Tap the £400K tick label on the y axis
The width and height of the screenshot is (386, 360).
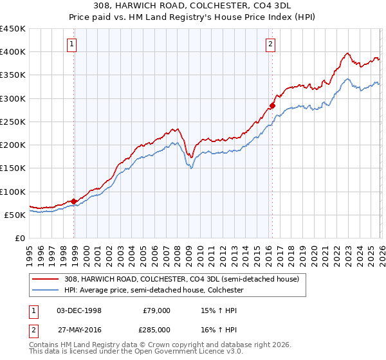point(13,52)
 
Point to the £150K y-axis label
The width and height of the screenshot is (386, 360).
point(13,168)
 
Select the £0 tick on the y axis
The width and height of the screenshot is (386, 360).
point(21,239)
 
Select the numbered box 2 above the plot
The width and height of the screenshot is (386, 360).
point(270,44)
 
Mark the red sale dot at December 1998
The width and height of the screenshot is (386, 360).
point(74,201)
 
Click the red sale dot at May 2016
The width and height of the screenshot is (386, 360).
point(272,105)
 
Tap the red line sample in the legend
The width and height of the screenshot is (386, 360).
point(45,279)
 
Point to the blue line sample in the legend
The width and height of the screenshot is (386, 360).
point(45,290)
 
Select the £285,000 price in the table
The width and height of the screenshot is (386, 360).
point(157,330)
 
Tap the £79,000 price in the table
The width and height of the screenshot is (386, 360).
point(157,310)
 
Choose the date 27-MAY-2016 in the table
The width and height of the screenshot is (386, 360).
point(79,330)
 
